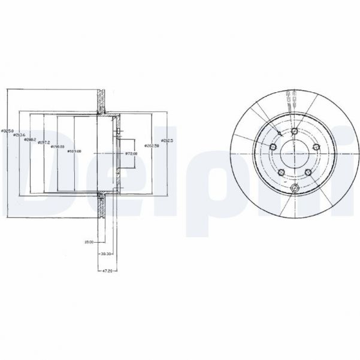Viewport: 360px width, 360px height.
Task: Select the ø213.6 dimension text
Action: click(17, 135)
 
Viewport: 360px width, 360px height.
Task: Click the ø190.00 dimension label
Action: click(58, 146)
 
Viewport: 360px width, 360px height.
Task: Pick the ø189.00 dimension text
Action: click(74, 151)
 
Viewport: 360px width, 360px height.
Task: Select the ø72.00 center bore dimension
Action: click(131, 154)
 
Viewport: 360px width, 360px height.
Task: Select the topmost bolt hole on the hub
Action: click(295, 131)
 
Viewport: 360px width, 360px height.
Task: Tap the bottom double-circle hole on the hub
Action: click(294, 190)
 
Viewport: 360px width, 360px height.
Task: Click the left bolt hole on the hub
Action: click(272, 147)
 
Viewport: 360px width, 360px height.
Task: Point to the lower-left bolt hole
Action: click(280, 173)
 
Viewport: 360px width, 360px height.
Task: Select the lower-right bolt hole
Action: click(308, 173)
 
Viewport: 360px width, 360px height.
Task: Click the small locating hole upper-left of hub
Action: click(280, 134)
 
